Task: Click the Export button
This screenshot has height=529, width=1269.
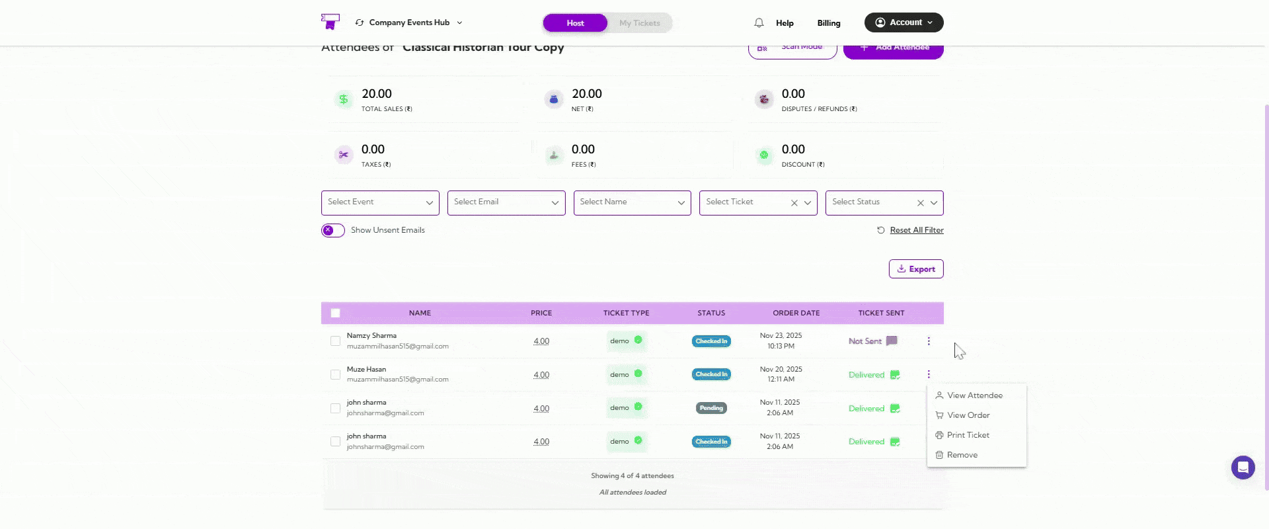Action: (x=916, y=269)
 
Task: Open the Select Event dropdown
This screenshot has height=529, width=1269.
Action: (x=380, y=202)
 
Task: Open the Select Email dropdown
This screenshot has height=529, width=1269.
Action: (x=506, y=202)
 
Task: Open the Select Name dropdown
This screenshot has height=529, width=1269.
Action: (x=632, y=202)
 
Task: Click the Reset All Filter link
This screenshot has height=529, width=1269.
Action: (x=916, y=230)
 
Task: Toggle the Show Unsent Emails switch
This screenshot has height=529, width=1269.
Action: (x=333, y=230)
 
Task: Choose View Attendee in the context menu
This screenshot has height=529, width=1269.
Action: (x=974, y=395)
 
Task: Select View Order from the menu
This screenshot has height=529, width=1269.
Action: (x=968, y=415)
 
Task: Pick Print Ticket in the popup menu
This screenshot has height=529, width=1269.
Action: (x=968, y=435)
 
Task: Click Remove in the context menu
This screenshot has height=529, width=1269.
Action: (x=962, y=455)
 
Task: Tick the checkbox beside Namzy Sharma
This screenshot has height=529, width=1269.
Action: (x=336, y=341)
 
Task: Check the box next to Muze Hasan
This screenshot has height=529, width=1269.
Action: (x=336, y=375)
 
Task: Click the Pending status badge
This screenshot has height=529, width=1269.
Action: (x=711, y=408)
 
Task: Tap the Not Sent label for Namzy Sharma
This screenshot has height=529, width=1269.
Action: (x=865, y=341)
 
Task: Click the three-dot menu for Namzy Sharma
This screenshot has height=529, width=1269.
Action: (x=929, y=341)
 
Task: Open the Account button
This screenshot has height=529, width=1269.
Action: (x=904, y=22)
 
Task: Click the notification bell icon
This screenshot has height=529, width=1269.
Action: (x=759, y=23)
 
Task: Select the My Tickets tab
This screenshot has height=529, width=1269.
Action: (x=639, y=23)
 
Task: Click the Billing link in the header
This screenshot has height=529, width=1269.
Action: (x=829, y=23)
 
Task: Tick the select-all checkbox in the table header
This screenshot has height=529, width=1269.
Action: (x=336, y=313)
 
